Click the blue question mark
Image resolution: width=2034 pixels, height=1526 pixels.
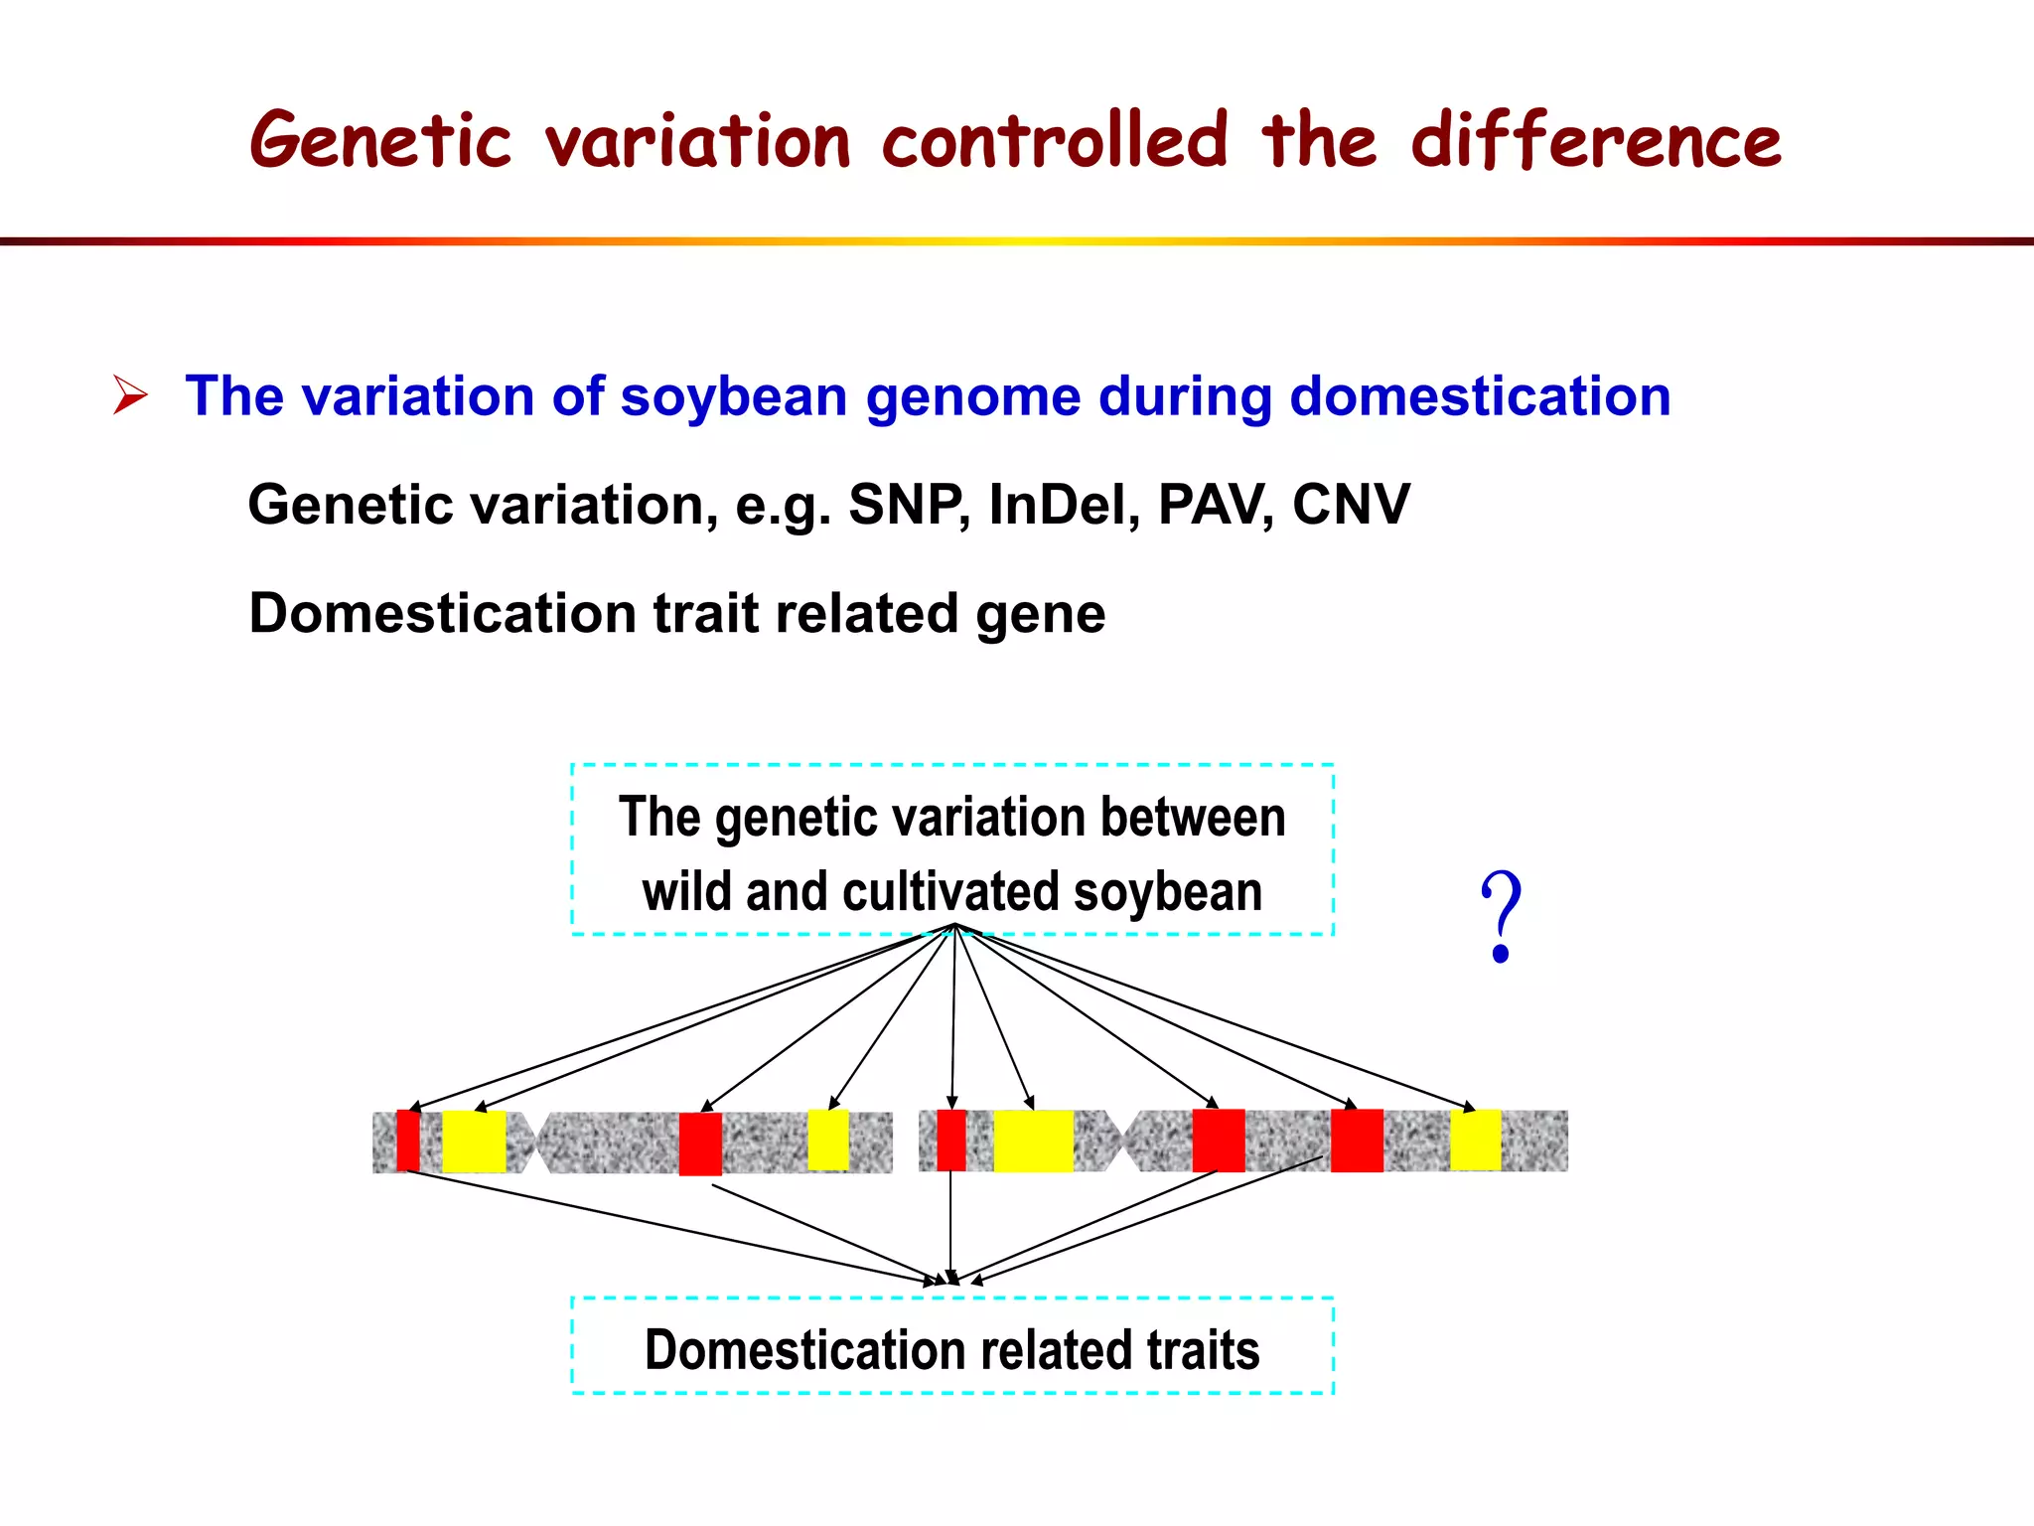1501,916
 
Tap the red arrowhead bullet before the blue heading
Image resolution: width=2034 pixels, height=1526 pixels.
130,395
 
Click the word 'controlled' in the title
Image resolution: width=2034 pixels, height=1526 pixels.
1055,140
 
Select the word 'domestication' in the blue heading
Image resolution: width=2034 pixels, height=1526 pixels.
1480,396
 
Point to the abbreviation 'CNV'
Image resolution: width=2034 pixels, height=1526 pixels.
1351,505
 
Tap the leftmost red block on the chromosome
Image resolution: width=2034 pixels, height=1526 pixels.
407,1141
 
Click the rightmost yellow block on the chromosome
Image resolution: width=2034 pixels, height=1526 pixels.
1475,1140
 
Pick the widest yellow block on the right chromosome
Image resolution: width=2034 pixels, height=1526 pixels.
1033,1141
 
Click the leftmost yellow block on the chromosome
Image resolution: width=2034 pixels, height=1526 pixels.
474,1142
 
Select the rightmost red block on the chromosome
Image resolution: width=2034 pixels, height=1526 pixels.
1357,1141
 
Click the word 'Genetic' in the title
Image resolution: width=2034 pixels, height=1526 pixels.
380,140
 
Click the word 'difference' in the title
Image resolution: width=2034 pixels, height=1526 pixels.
1596,140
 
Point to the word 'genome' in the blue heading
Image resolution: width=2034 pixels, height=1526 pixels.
972,396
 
